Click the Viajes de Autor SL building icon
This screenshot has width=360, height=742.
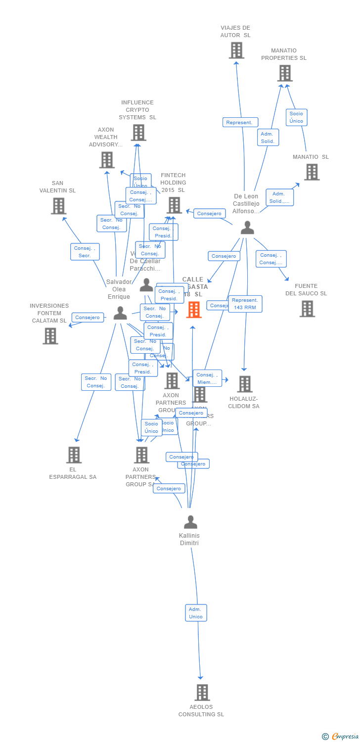(236, 50)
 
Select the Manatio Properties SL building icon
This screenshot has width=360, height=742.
(284, 73)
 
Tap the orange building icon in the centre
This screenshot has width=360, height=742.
(194, 310)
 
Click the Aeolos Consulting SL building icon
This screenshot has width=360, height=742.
(202, 693)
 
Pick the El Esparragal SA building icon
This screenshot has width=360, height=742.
(74, 455)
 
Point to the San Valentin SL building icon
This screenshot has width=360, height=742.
(58, 206)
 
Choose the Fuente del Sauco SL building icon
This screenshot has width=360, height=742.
(307, 309)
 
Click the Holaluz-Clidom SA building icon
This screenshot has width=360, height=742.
(244, 384)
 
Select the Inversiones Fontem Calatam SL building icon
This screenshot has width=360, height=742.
(50, 336)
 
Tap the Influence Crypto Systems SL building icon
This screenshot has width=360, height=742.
(138, 133)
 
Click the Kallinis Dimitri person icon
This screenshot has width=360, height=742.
(190, 522)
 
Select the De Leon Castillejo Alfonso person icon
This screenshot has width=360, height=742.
(247, 228)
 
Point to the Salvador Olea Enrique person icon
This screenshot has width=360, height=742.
(120, 313)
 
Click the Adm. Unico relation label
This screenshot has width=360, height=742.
(196, 613)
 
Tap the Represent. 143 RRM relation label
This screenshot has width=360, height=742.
(245, 304)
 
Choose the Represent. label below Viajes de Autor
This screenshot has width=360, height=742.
(240, 122)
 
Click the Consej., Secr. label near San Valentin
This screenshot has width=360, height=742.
(85, 252)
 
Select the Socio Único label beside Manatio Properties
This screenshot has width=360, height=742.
(296, 117)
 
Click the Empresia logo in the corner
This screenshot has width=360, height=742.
(341, 737)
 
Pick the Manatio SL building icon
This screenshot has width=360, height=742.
(312, 172)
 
